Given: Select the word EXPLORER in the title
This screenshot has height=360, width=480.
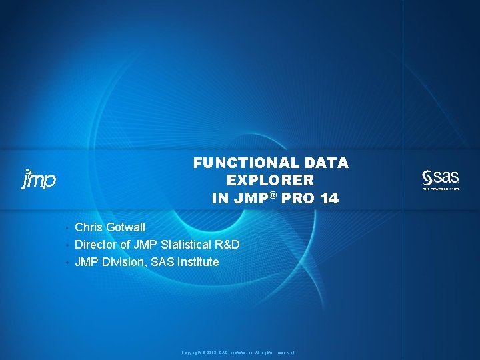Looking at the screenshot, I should pyautogui.click(x=270, y=180).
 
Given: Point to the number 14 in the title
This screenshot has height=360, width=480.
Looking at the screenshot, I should pyautogui.click(x=329, y=198).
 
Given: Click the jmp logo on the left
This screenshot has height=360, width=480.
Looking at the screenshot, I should pyautogui.click(x=39, y=179).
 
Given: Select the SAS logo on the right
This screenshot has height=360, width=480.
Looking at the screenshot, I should pyautogui.click(x=441, y=178).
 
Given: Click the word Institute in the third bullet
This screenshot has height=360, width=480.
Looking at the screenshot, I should pyautogui.click(x=197, y=262).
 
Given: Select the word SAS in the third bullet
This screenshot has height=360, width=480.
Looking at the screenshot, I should pyautogui.click(x=163, y=262).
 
